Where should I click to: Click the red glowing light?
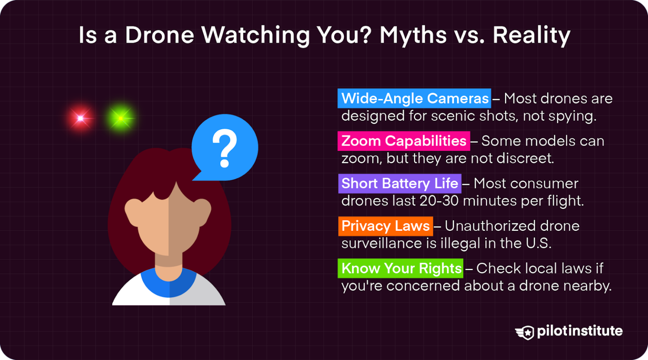click(80, 118)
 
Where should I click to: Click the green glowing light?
click(121, 119)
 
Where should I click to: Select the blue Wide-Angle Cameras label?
click(414, 98)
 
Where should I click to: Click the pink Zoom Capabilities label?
click(404, 141)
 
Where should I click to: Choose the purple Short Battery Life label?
click(400, 184)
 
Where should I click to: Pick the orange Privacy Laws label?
click(385, 226)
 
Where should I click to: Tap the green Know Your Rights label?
click(401, 268)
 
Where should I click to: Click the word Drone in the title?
click(159, 35)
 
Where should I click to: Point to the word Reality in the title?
click(532, 36)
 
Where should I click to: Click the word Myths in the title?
click(413, 36)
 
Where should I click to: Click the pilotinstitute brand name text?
click(580, 331)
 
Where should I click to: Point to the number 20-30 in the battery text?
click(439, 201)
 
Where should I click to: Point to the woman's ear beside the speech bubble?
click(202, 211)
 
